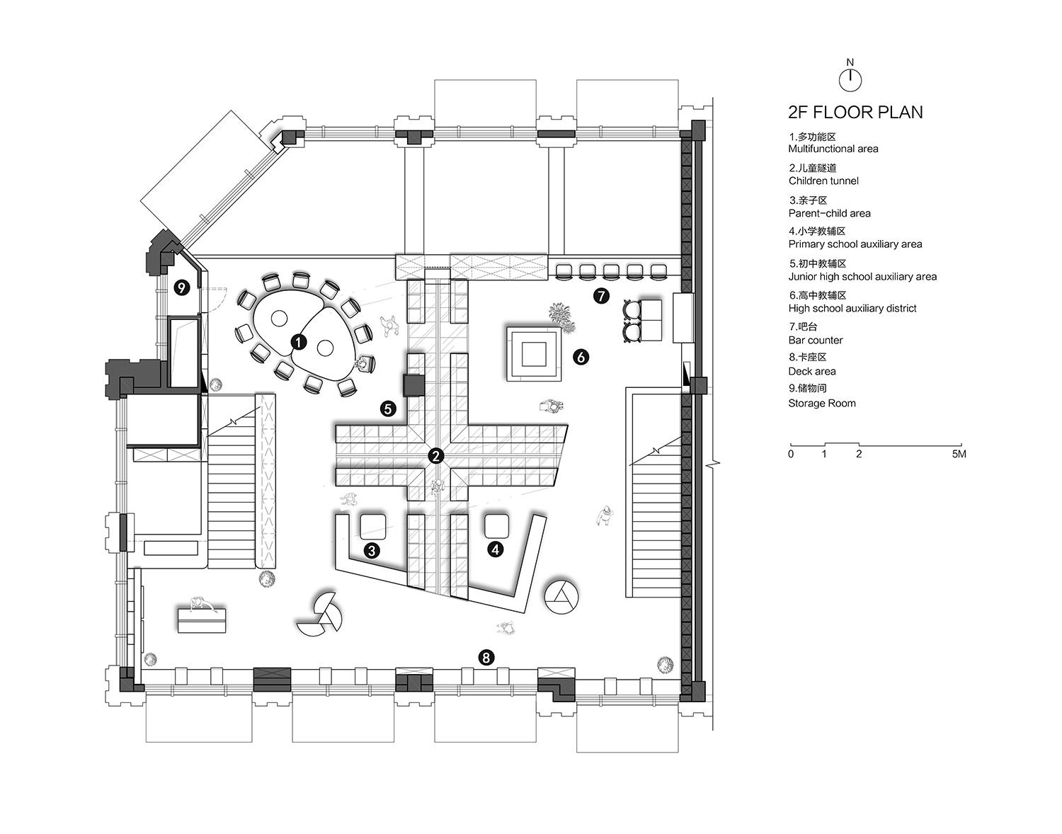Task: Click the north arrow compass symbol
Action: click(x=850, y=80)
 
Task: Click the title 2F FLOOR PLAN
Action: click(x=855, y=113)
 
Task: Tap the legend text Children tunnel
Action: click(x=823, y=181)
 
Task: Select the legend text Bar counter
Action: click(x=816, y=340)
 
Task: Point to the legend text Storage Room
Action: click(x=822, y=403)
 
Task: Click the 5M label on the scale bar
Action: click(x=958, y=454)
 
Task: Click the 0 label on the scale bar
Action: click(x=791, y=454)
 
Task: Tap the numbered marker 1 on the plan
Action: click(x=299, y=342)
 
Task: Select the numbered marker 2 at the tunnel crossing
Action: click(x=435, y=455)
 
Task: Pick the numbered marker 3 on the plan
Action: click(x=372, y=549)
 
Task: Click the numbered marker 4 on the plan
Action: click(x=495, y=549)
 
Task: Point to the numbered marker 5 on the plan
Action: click(x=387, y=409)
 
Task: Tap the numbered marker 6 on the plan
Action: click(x=581, y=358)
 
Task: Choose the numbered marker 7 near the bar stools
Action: click(x=601, y=296)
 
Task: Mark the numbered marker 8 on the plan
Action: click(x=485, y=658)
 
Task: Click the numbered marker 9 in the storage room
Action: click(x=183, y=287)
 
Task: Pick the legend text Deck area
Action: click(x=812, y=371)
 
